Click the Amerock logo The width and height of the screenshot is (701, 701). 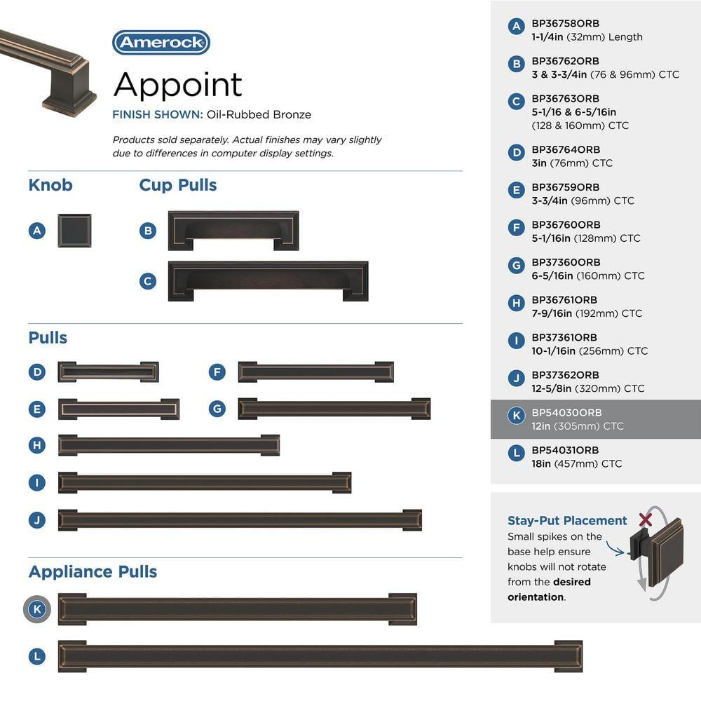[x=161, y=43]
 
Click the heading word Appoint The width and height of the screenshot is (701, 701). [x=177, y=85]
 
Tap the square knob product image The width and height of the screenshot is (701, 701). [x=74, y=231]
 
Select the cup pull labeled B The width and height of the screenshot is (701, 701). [x=233, y=231]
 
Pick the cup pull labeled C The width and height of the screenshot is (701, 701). [x=268, y=281]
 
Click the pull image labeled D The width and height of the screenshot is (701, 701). [x=108, y=372]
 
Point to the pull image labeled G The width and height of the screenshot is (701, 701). [x=334, y=409]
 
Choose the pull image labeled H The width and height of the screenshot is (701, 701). [x=169, y=445]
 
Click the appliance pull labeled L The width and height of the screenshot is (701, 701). [x=320, y=656]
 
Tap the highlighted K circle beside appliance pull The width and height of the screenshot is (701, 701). [x=37, y=609]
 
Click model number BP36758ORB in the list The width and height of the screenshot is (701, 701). [x=565, y=24]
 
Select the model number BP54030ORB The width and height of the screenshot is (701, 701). [x=566, y=413]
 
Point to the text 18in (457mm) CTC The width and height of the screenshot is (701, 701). [x=576, y=463]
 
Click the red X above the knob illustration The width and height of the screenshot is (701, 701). [x=646, y=519]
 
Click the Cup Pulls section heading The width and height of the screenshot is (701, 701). [x=178, y=185]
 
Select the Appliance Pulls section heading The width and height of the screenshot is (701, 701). [x=93, y=571]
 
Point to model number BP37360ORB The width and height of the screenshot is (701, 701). [x=566, y=263]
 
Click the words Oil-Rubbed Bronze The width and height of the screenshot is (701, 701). [x=259, y=114]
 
